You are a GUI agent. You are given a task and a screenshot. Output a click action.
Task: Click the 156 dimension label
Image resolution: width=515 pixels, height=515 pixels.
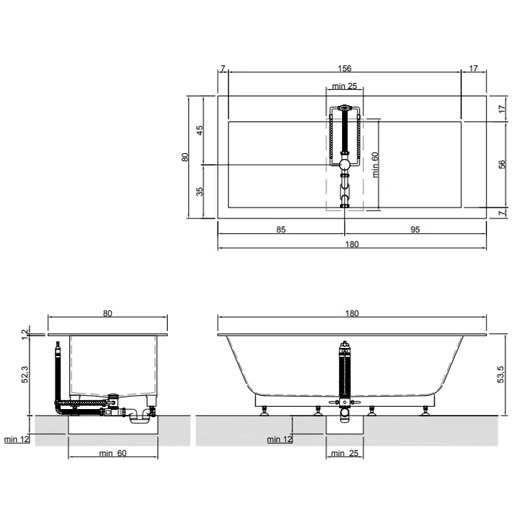344,68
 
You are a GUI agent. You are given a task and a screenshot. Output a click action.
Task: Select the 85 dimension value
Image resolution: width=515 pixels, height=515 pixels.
281,230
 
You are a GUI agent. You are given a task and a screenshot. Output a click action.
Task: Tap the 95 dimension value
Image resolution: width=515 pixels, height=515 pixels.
415,230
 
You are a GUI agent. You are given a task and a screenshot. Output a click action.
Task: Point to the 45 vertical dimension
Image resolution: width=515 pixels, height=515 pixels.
199,130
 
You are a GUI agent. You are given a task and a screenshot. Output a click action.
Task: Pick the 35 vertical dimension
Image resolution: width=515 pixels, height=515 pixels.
199,191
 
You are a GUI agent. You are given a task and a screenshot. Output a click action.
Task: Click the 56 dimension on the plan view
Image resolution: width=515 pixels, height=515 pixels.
502,164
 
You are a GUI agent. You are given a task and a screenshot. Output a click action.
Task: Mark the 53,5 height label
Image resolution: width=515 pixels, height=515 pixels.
500,374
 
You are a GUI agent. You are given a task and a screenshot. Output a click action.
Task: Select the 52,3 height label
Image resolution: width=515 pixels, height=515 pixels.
25,374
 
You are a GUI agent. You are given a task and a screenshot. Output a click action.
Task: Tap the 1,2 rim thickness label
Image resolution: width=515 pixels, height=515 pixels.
25,334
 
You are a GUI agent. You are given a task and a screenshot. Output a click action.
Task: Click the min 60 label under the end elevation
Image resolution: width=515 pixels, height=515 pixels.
113,453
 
